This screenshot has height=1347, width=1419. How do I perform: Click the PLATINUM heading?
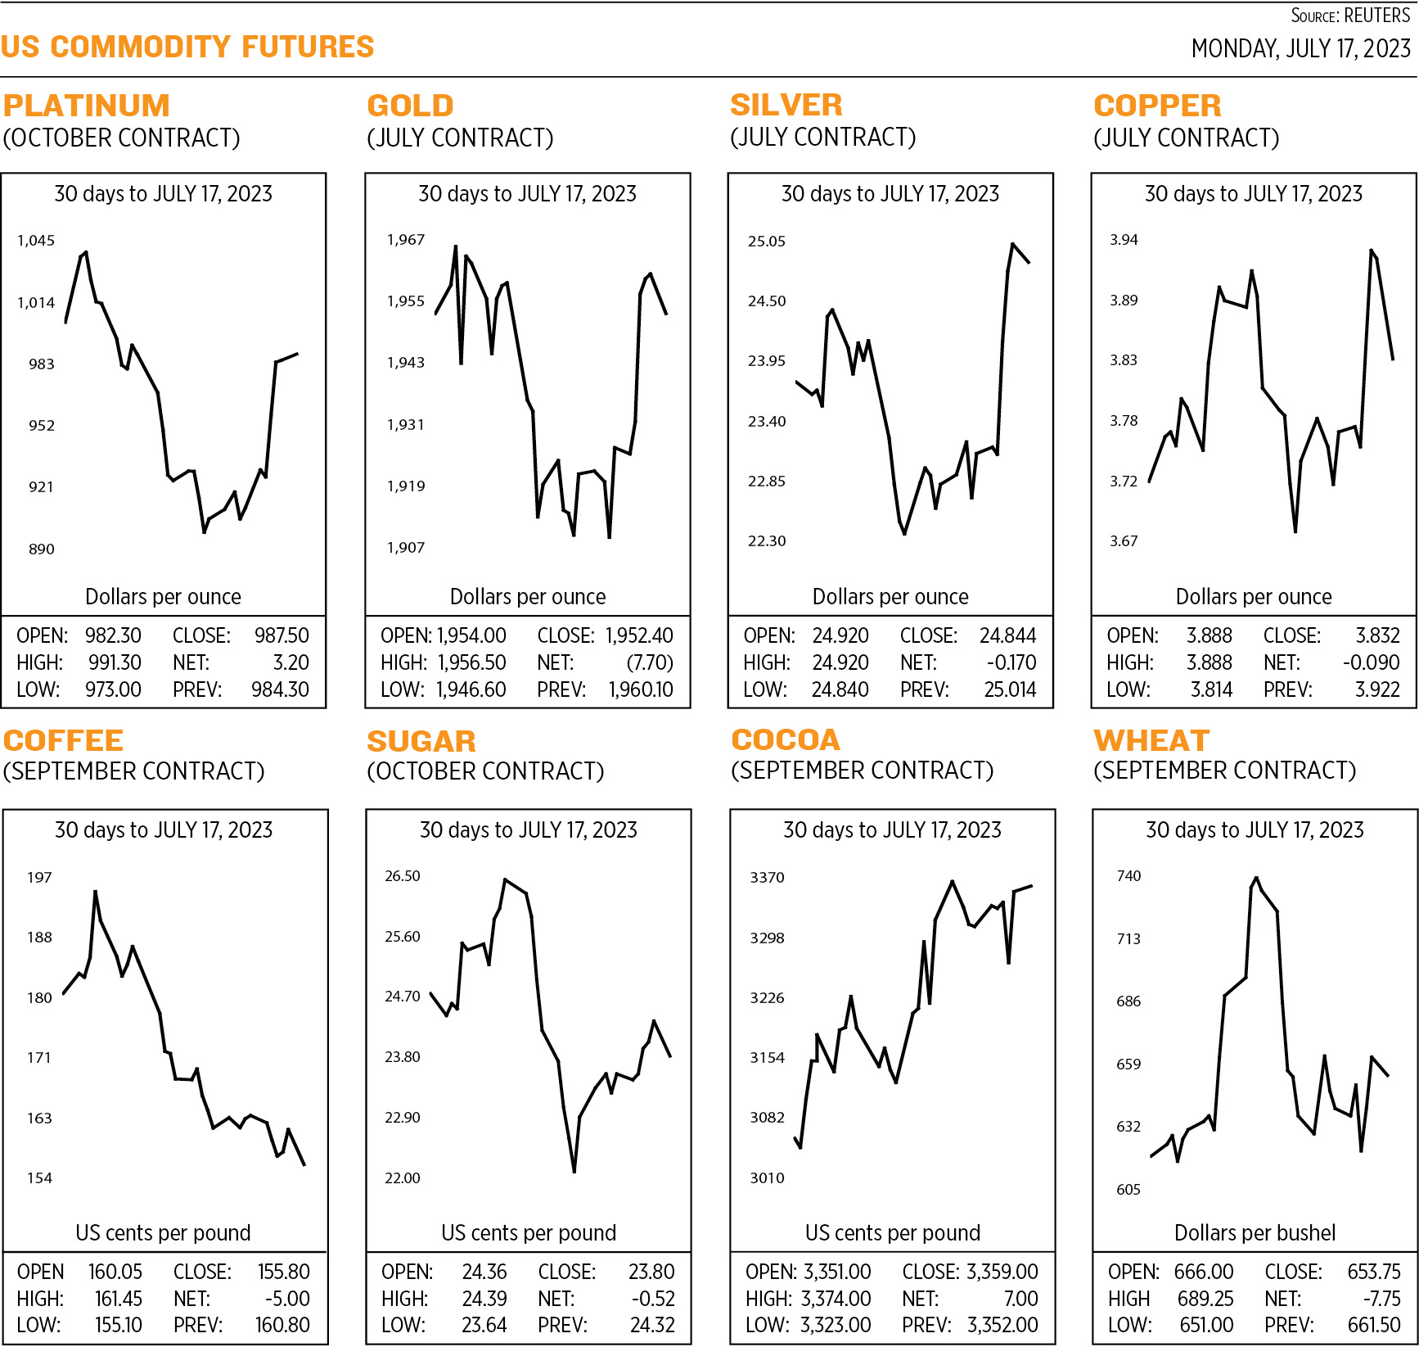[87, 106]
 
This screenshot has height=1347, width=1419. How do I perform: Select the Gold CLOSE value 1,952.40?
[639, 635]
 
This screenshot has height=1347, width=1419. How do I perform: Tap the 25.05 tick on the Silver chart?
[766, 241]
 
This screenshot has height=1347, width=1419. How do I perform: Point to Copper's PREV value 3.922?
[1377, 689]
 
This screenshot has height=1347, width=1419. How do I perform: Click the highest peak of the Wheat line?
[1256, 879]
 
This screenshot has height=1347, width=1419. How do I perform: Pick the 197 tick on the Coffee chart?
[39, 877]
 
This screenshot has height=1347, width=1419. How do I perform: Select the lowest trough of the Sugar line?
[574, 1172]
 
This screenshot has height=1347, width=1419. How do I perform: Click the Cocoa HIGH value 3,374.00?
[836, 1299]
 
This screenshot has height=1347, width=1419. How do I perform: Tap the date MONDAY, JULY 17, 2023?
[1300, 49]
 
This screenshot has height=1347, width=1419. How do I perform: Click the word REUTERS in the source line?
[1377, 16]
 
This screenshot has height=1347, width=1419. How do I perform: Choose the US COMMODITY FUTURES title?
[187, 47]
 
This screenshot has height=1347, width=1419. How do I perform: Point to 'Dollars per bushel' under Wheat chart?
[1255, 1232]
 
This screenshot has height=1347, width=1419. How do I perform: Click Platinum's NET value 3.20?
[291, 662]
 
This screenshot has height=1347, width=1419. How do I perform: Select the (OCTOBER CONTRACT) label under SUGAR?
[485, 771]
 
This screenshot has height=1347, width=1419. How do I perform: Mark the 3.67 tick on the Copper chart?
[1124, 540]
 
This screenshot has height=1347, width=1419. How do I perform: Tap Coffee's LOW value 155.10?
[118, 1325]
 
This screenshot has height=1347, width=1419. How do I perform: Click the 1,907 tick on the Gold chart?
[406, 547]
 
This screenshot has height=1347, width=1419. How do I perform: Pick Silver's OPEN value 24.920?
[840, 635]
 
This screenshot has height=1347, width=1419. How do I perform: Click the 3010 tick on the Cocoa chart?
[767, 1177]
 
